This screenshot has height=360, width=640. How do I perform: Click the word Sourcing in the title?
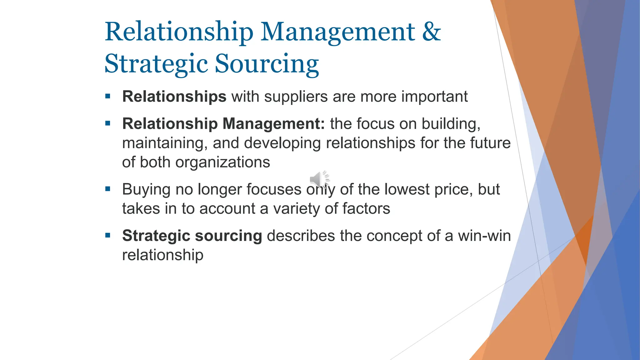tap(267, 64)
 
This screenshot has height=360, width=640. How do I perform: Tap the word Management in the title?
tap(337, 32)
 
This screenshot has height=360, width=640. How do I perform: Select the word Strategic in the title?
tap(156, 64)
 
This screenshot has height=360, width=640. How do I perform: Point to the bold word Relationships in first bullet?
tap(174, 97)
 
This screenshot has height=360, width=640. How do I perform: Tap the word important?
tap(434, 97)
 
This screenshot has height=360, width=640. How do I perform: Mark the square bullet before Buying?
tap(108, 189)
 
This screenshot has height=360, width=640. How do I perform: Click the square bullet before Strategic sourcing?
tap(108, 235)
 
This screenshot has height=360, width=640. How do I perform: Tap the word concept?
tap(394, 236)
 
